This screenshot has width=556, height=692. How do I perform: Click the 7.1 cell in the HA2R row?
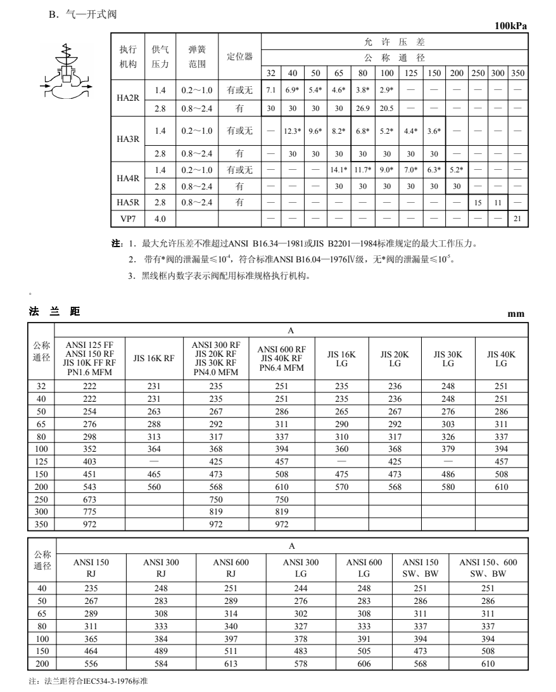(x=270, y=90)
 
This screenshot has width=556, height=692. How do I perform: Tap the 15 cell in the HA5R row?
(x=479, y=202)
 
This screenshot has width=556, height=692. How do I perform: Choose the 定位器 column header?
(x=239, y=56)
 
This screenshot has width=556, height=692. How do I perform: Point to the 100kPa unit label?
(x=510, y=26)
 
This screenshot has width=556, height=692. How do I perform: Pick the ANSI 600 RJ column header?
(x=231, y=568)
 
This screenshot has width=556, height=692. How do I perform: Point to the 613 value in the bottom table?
(x=231, y=664)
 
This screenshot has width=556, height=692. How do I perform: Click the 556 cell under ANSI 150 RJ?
(x=91, y=664)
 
